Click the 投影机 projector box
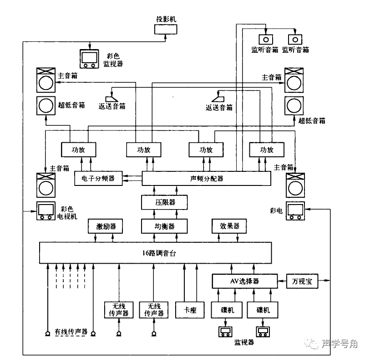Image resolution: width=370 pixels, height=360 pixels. click(166, 30)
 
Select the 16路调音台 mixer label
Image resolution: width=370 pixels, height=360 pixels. click(155, 253)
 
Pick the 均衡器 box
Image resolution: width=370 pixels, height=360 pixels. click(165, 226)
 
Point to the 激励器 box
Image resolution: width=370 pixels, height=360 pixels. click(106, 226)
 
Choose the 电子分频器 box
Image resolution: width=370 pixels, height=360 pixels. click(98, 178)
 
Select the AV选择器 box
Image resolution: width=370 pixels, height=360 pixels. click(244, 281)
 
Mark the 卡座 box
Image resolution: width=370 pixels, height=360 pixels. click(190, 310)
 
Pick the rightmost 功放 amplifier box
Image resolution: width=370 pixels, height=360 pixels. click(266, 150)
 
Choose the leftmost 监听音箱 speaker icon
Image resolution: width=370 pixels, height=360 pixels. click(265, 39)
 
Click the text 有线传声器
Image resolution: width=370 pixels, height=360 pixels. click(71, 332)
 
